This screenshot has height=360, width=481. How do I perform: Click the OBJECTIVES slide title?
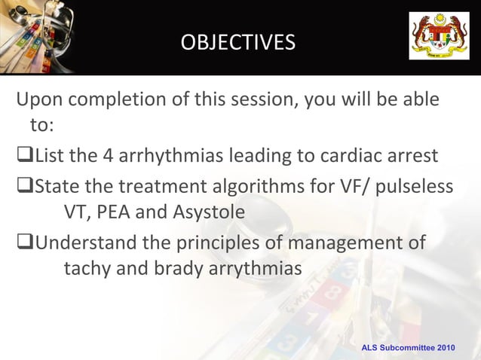tap(238, 43)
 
